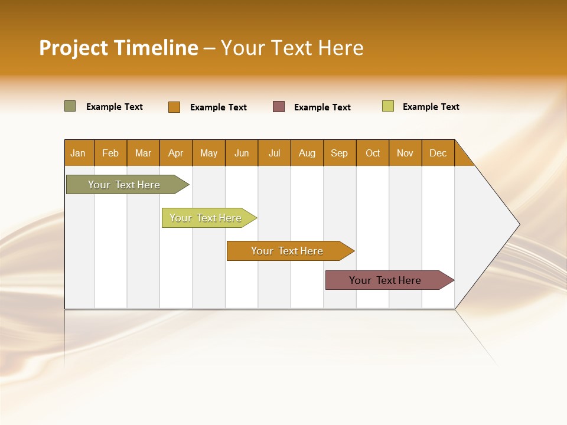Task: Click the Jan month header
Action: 79,153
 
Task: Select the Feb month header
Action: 110,153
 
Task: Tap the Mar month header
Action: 143,153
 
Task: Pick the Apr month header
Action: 176,153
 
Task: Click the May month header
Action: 208,153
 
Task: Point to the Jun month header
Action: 242,153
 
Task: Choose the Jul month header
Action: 274,153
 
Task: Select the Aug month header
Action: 307,153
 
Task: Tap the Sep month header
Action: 340,153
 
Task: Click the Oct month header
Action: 373,153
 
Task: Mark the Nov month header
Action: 405,153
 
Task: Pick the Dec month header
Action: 438,153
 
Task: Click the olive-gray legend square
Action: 70,106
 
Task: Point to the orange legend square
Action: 174,107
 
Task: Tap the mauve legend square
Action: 279,106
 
